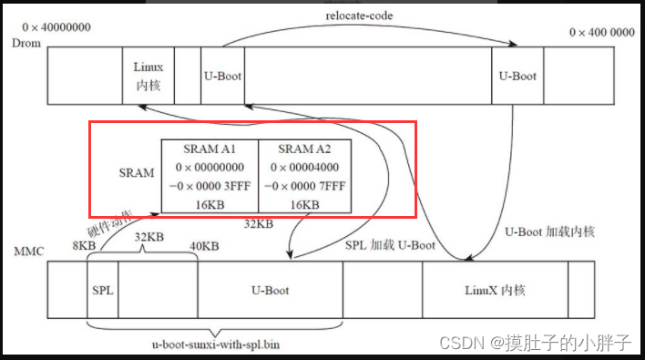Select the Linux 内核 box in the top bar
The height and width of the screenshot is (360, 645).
148,76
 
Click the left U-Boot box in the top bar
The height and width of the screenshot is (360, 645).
221,76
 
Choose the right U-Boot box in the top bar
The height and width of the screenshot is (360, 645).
517,76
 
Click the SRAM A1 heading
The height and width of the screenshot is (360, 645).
210,149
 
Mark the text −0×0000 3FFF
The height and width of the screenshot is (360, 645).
210,188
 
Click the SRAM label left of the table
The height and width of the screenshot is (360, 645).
137,171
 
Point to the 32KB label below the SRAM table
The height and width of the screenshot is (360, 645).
259,222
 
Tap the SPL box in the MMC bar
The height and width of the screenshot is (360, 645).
102,290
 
